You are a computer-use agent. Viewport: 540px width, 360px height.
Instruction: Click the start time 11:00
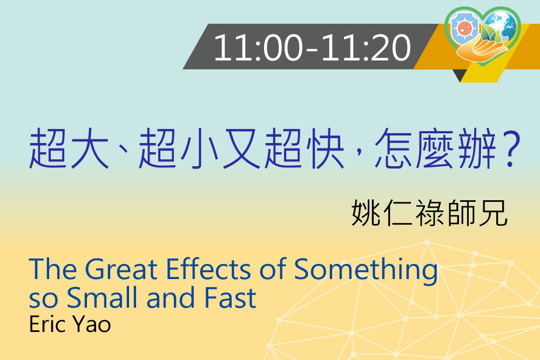pos(258,47)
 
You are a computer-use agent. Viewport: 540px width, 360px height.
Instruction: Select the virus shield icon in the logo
pos(465,28)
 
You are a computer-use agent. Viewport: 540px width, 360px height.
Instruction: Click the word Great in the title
pos(121,269)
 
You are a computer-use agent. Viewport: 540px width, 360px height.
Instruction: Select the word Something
pos(366,271)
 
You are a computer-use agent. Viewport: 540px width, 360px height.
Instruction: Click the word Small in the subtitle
pos(102,297)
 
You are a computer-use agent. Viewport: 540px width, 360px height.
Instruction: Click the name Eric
pos(48,324)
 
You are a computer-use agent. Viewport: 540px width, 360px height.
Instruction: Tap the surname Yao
pos(92,324)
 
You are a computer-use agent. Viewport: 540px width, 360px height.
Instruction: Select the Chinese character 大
pos(90,148)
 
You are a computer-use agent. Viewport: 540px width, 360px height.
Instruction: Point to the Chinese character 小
pos(200,148)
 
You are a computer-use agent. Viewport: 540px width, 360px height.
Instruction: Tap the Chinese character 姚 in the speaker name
pos(366,213)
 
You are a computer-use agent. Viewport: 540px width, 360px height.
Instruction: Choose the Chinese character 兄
pos(493,213)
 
